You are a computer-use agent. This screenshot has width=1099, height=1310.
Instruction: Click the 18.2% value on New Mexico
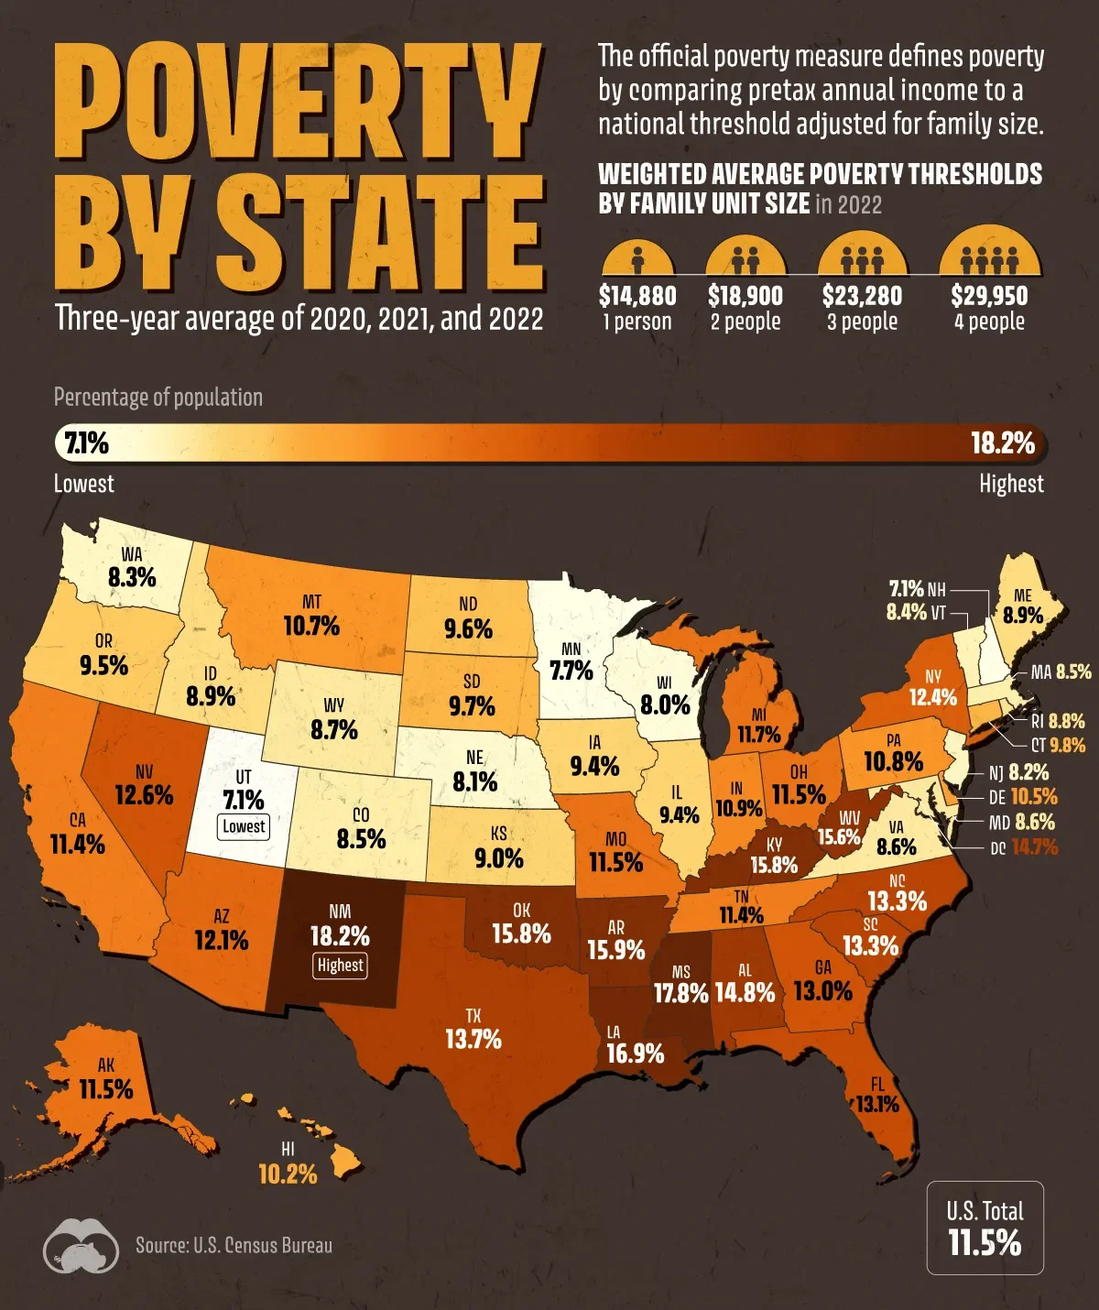pyautogui.click(x=340, y=936)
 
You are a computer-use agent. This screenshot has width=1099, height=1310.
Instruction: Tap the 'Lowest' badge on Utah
pyautogui.click(x=244, y=826)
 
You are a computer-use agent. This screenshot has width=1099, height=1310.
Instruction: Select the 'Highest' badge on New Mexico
pyautogui.click(x=340, y=965)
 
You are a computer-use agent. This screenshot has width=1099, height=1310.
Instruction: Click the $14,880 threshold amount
pyautogui.click(x=637, y=296)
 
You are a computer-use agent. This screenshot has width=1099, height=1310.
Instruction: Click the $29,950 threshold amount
pyautogui.click(x=989, y=296)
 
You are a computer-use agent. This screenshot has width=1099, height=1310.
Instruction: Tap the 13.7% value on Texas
pyautogui.click(x=473, y=1039)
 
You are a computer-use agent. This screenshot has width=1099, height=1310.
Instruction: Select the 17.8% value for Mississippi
pyautogui.click(x=680, y=993)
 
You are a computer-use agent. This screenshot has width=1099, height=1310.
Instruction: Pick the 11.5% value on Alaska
pyautogui.click(x=106, y=1089)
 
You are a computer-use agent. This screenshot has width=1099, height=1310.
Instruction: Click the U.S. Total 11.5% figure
pyautogui.click(x=985, y=1243)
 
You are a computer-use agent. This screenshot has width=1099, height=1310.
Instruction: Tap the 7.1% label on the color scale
pyautogui.click(x=84, y=444)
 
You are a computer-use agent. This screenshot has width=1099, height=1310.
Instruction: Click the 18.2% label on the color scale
pyautogui.click(x=1003, y=444)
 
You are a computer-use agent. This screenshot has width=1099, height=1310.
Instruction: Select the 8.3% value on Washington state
pyautogui.click(x=132, y=578)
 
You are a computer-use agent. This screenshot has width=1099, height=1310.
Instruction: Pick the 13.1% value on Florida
pyautogui.click(x=877, y=1105)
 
